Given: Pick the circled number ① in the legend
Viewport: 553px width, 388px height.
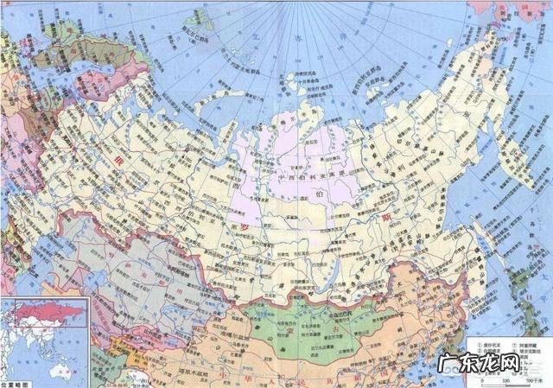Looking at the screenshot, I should [x=473, y=344].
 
